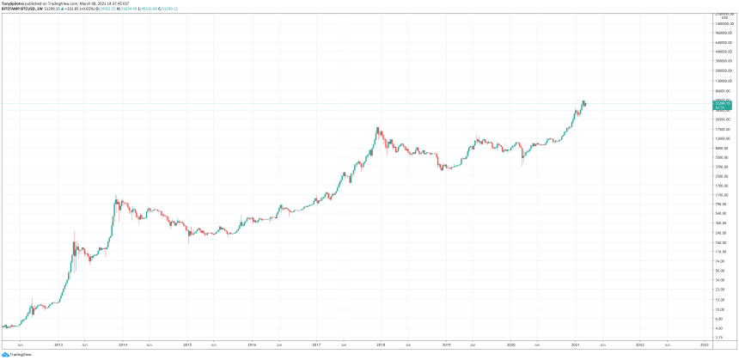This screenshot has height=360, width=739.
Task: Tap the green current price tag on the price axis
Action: (x=723, y=104)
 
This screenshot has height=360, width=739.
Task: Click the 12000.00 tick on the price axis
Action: (x=722, y=138)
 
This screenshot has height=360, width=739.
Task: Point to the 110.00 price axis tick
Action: (x=722, y=252)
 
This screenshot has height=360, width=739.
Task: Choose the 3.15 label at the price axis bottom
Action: (x=722, y=338)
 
